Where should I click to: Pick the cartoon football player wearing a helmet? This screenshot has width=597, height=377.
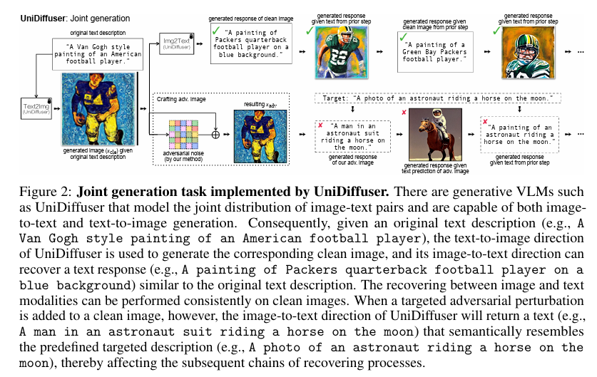(x=527, y=51)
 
